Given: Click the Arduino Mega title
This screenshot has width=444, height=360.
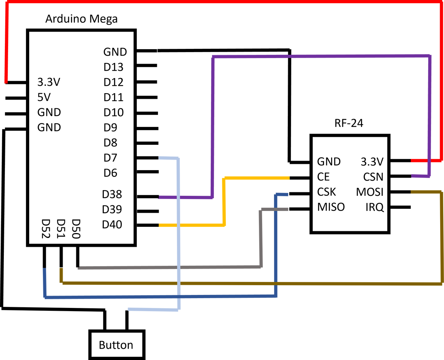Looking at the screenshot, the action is click(82, 19).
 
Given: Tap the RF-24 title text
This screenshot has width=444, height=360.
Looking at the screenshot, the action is click(349, 123).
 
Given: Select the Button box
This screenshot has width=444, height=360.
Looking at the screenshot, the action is click(117, 345).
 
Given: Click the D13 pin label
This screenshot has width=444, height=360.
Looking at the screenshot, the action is click(113, 67).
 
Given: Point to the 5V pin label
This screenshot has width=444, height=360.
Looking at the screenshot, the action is click(44, 97).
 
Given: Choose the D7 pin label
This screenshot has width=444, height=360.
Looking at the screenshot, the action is click(110, 158).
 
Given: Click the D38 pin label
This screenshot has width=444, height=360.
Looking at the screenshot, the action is click(112, 194).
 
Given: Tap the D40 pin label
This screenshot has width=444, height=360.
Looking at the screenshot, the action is click(112, 225).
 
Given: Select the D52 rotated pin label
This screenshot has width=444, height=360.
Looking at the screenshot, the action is click(46, 229).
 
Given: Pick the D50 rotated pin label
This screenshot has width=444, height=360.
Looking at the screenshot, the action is click(76, 229).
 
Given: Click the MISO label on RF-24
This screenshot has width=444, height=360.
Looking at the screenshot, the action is click(331, 207).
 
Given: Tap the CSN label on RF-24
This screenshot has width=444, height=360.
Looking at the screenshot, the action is click(373, 177).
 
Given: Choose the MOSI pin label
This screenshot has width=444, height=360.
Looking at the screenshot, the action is click(370, 192).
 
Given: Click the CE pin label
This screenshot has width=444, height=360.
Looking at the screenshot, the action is click(323, 177).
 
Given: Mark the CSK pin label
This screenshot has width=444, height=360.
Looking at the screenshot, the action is click(326, 192).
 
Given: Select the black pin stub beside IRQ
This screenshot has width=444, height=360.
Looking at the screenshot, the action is click(400, 207).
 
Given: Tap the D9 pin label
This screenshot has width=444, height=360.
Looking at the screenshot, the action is click(110, 128).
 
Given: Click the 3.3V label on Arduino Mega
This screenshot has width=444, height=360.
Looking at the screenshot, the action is click(49, 82).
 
